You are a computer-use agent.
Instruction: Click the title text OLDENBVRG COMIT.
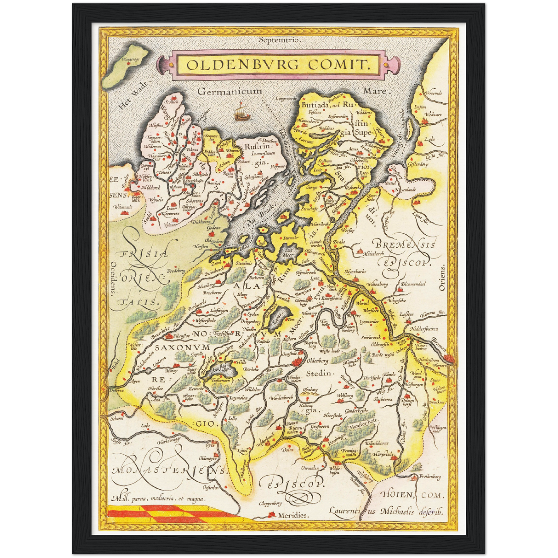coord(278,64)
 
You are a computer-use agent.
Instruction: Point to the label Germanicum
coord(229,92)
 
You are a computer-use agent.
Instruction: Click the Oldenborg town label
coord(317,361)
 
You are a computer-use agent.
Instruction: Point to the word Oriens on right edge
coord(442,278)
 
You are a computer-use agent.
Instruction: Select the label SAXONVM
coord(182,347)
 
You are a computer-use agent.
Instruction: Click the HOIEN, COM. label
coord(412,495)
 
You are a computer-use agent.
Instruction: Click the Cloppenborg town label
coord(270,504)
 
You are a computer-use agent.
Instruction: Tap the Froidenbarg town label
coord(430,477)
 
